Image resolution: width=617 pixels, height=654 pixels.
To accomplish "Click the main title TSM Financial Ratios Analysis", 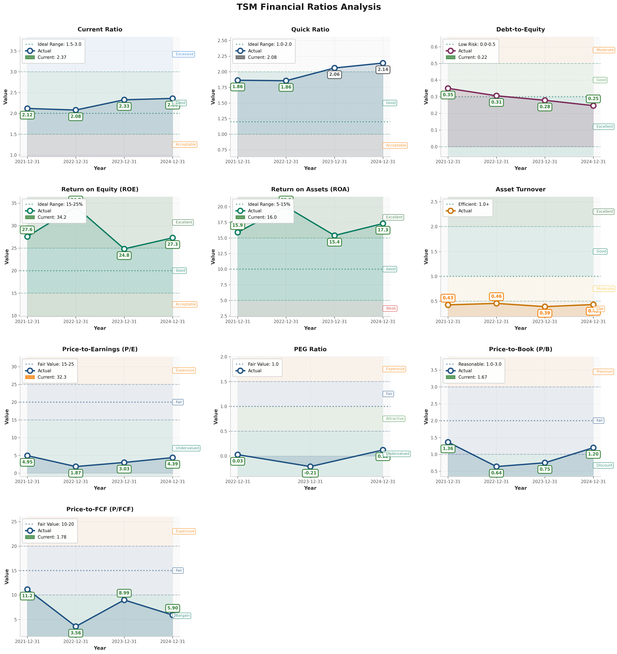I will coord(308,7).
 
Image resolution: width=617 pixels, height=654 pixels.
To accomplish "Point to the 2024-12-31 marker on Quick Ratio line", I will coord(383,63).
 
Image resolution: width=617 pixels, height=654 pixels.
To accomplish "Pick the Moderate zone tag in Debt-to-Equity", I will coord(604,50).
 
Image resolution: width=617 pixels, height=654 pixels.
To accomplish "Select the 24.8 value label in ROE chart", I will coord(124,255).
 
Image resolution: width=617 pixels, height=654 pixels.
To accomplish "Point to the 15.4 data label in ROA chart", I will coord(334,242).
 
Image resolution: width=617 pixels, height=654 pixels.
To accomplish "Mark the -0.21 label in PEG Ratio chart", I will coord(310,473).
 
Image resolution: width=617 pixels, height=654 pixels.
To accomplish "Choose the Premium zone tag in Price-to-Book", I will coord(604,372).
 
